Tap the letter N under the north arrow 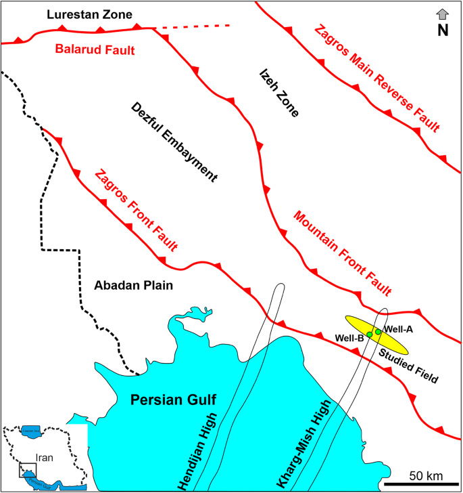coord(443,30)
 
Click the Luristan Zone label coord(85,14)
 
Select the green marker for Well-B coord(370,335)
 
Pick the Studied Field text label coord(408,366)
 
